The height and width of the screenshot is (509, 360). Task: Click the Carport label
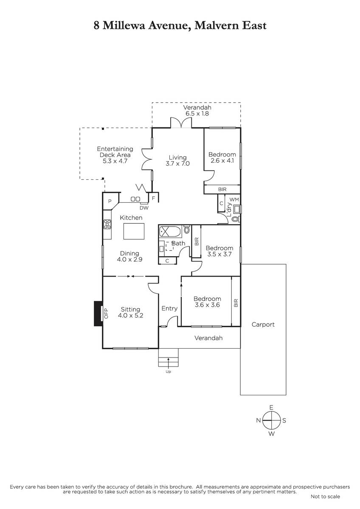coord(263,324)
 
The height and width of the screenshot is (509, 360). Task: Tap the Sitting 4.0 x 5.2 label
coord(130,312)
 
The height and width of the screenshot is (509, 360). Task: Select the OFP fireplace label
coord(106,313)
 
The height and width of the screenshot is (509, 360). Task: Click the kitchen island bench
coord(134,231)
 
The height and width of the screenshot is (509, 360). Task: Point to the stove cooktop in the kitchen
coord(107,224)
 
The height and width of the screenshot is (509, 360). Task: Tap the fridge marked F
coord(153,198)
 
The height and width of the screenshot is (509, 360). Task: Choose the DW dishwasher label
coord(144,208)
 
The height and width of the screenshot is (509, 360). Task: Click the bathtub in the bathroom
coord(170,231)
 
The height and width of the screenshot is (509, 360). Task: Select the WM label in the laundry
coord(234,199)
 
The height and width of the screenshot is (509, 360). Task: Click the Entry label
coord(169,308)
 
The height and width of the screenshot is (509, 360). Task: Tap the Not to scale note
coord(325,497)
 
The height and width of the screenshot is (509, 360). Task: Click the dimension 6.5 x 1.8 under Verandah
coord(197,113)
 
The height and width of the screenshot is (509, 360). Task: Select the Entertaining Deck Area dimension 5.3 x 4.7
coord(115,161)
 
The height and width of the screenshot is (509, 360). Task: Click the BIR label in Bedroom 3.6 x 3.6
coord(236,303)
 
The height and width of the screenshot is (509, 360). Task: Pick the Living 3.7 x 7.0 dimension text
coord(177,164)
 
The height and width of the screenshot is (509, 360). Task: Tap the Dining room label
coord(129,253)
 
